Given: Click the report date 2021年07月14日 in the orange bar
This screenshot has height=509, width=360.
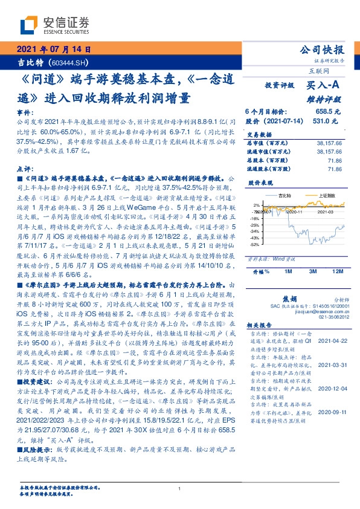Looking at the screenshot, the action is pyautogui.click(x=54, y=50).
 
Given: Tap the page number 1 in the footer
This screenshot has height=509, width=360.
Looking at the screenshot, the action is pyautogui.click(x=180, y=489).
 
